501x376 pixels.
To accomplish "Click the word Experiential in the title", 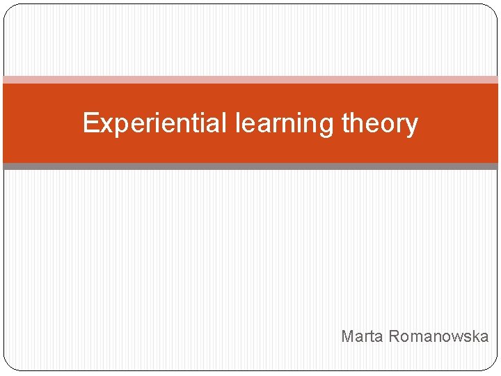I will (155, 123).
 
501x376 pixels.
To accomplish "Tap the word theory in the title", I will (380, 123).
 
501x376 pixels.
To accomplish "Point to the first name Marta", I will (362, 337).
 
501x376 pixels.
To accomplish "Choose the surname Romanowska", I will (438, 337).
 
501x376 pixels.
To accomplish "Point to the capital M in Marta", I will (347, 337).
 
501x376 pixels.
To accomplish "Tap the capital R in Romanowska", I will (394, 337).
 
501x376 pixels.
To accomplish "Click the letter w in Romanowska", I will (455, 338).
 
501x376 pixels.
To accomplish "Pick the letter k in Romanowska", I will (475, 337).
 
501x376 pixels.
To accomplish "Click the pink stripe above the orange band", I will (250, 80).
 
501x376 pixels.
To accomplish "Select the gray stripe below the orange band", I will (250, 166).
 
